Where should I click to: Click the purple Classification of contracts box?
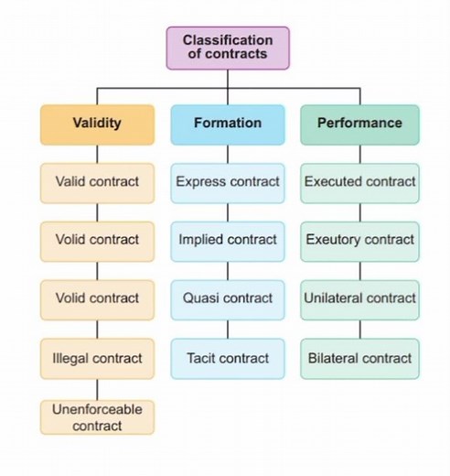(228, 48)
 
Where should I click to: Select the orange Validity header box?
(97, 124)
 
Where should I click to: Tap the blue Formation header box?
(228, 124)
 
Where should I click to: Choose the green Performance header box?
(359, 124)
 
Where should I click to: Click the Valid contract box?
(97, 182)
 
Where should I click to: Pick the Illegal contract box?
(97, 359)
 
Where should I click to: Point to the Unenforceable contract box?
(97, 416)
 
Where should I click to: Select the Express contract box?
(228, 182)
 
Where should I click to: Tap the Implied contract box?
(228, 241)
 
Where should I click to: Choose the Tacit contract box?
(228, 359)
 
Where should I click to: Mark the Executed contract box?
(359, 182)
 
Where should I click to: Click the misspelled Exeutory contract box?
(359, 241)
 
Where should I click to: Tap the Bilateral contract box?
(359, 359)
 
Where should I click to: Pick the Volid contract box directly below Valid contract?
(97, 241)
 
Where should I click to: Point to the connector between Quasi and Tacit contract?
(228, 329)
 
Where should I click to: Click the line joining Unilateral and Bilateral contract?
(359, 329)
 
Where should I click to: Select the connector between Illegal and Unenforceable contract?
(97, 388)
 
